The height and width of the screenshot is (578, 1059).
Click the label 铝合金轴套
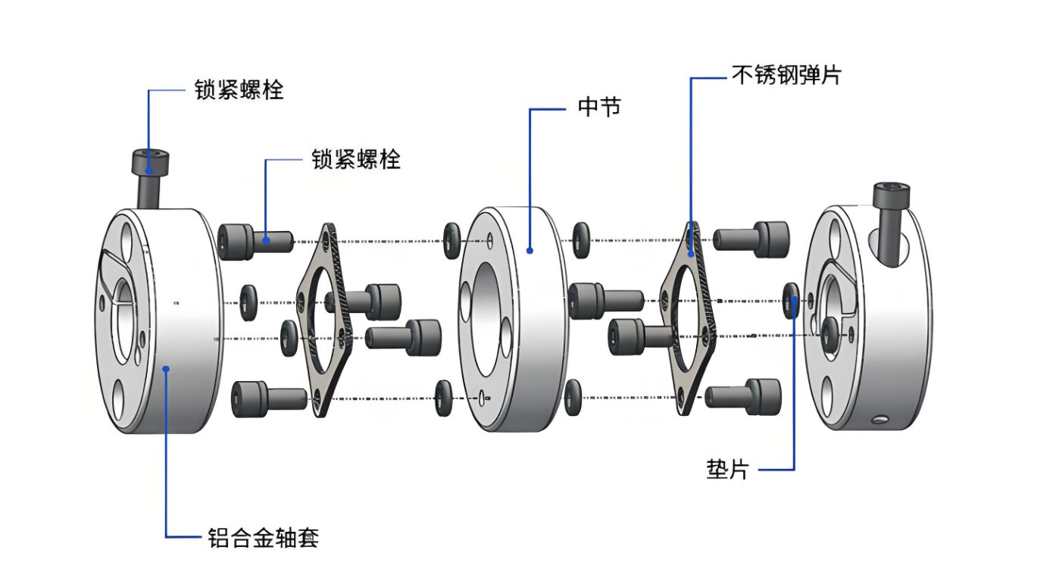pos(263,538)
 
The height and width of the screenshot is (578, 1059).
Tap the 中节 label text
pos(599,108)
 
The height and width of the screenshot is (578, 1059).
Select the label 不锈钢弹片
pos(786,75)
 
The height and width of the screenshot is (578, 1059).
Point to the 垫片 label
pos(726,470)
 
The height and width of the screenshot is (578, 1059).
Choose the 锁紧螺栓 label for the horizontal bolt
pos(356,159)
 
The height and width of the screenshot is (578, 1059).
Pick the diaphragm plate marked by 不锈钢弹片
pos(691,318)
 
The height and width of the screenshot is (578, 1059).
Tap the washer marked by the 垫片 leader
pos(791,301)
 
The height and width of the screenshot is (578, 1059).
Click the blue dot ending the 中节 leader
pos(529,250)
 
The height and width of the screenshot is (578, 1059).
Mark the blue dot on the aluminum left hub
pos(167,368)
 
